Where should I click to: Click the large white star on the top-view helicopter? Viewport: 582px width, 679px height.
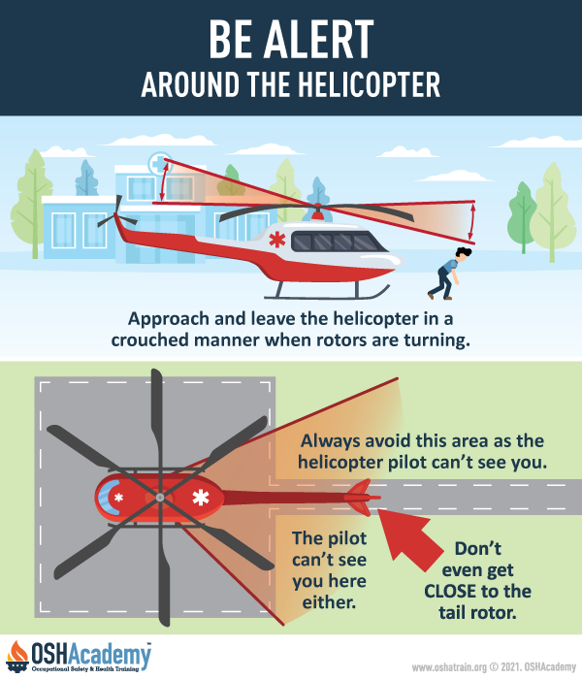click(201, 499)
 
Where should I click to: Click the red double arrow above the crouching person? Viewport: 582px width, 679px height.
click(472, 220)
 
